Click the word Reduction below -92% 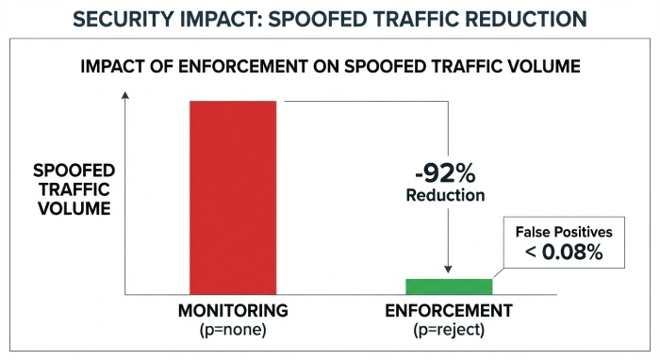click(445, 196)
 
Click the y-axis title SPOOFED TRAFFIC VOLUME click(74, 189)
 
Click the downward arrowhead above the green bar click(449, 270)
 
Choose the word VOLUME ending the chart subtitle click(541, 67)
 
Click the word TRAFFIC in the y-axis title click(74, 189)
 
